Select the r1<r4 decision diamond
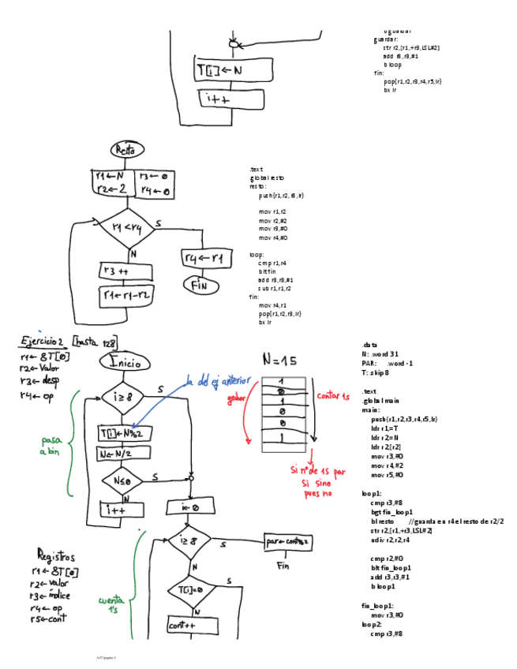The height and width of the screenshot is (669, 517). click(126, 228)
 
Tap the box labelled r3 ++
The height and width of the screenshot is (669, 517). click(119, 271)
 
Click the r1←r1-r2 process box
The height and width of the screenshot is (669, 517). click(126, 295)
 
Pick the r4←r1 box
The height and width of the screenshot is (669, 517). click(204, 259)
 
